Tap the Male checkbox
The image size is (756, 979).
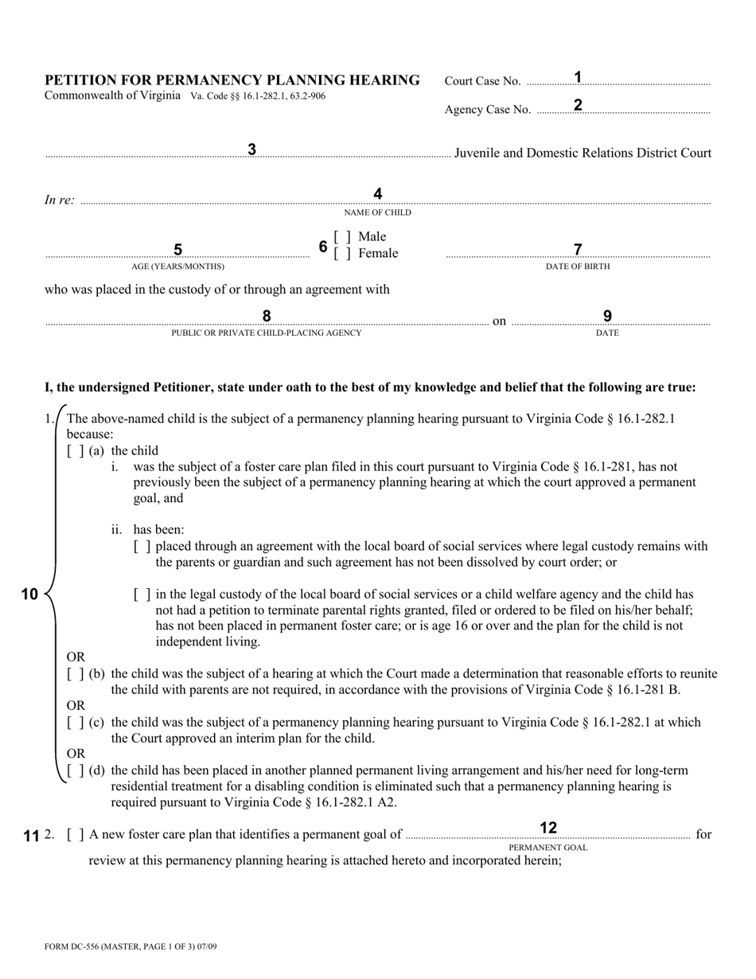pos(342,237)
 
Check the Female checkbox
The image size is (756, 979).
pos(342,254)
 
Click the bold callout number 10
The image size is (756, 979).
pos(29,595)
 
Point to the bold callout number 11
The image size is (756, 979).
pos(31,836)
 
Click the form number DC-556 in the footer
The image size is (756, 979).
pos(80,947)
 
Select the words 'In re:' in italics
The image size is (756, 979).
pos(60,201)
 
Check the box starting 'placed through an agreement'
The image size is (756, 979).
pos(142,547)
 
